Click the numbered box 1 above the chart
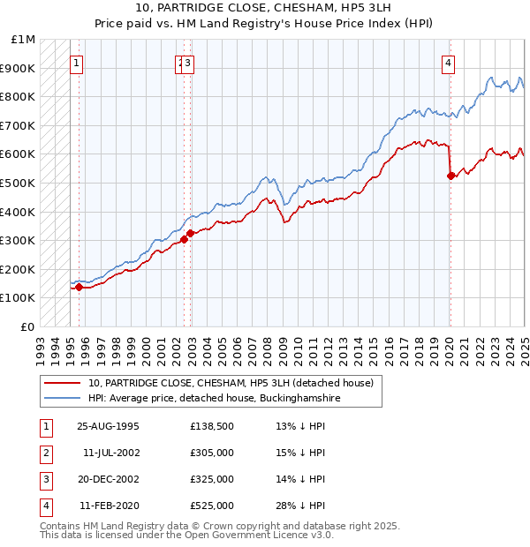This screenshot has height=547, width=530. click(x=78, y=63)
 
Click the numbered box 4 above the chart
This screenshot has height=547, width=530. click(x=449, y=63)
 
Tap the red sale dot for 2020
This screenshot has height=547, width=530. click(x=450, y=176)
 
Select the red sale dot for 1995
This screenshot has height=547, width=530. click(x=79, y=287)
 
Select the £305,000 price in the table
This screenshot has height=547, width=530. click(x=211, y=453)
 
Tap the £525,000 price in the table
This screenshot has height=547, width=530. click(x=211, y=506)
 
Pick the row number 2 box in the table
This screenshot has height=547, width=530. click(x=45, y=454)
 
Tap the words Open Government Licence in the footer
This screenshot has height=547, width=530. click(x=252, y=535)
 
